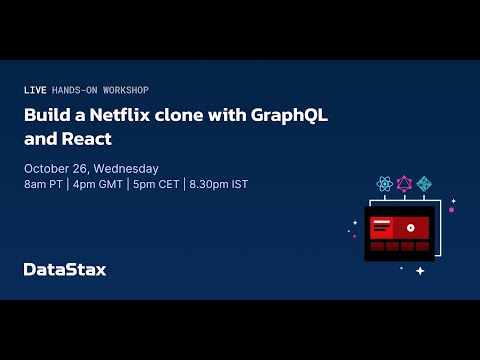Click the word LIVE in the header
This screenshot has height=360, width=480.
pyautogui.click(x=34, y=90)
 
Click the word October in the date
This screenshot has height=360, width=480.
pyautogui.click(x=46, y=168)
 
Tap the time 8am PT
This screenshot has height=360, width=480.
pyautogui.click(x=44, y=184)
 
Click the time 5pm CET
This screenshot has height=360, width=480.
pyautogui.click(x=154, y=184)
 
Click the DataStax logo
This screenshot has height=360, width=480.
pyautogui.click(x=64, y=269)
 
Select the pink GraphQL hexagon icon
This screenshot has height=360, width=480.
pyautogui.click(x=404, y=184)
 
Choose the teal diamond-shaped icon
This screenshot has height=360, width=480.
pyautogui.click(x=424, y=184)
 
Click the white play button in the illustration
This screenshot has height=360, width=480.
pyautogui.click(x=410, y=227)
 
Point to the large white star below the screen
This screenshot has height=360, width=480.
pyautogui.click(x=420, y=270)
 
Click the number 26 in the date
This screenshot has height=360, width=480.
pyautogui.click(x=80, y=168)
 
